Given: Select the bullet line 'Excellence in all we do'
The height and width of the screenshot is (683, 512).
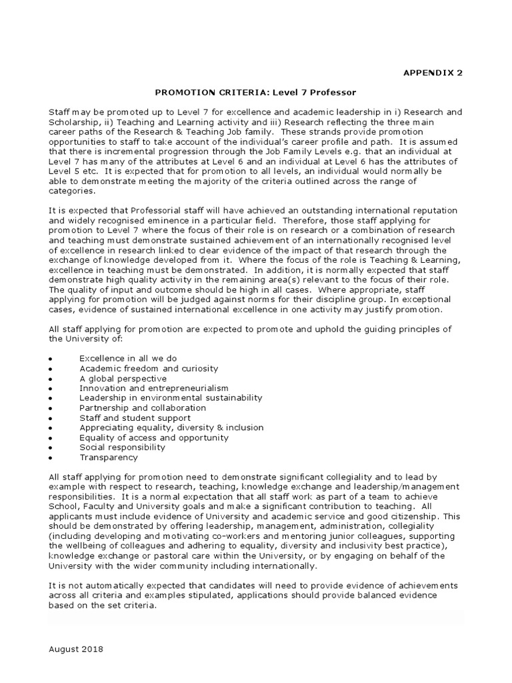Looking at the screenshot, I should point(128,358).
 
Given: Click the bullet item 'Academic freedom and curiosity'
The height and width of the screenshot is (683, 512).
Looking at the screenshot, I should point(149,368).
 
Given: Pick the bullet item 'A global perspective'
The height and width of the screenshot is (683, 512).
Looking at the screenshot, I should point(123,378).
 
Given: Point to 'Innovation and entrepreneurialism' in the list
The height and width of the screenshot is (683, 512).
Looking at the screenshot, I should point(153,388).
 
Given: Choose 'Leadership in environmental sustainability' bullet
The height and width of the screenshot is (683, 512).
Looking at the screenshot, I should point(171,398).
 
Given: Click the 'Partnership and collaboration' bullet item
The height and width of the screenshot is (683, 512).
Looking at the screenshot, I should point(143,408).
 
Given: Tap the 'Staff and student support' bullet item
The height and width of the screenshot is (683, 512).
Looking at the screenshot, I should point(135,418).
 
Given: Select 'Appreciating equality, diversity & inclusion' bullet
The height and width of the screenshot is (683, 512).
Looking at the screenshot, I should point(171,428).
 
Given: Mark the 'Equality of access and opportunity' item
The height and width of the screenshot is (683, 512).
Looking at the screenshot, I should point(154,438).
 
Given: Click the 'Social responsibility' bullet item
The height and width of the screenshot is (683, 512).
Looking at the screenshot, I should point(122,448).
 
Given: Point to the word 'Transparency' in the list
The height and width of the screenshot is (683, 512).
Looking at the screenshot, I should point(109,458).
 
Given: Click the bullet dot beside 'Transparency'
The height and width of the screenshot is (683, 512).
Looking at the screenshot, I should point(51,459).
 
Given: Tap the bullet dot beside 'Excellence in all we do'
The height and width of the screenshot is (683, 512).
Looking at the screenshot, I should point(51,360).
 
